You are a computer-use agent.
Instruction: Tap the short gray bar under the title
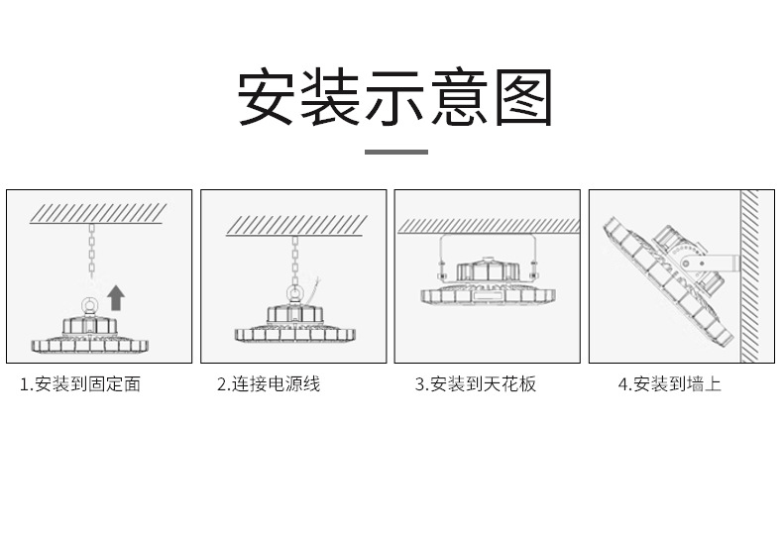(395, 152)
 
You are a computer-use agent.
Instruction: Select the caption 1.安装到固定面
(80, 384)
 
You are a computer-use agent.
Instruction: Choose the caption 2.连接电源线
(269, 384)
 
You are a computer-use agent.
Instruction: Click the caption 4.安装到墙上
(669, 384)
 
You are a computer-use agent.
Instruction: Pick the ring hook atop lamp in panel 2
(293, 293)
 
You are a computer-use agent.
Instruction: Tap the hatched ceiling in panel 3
(488, 226)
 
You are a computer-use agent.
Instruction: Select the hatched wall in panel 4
(750, 276)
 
